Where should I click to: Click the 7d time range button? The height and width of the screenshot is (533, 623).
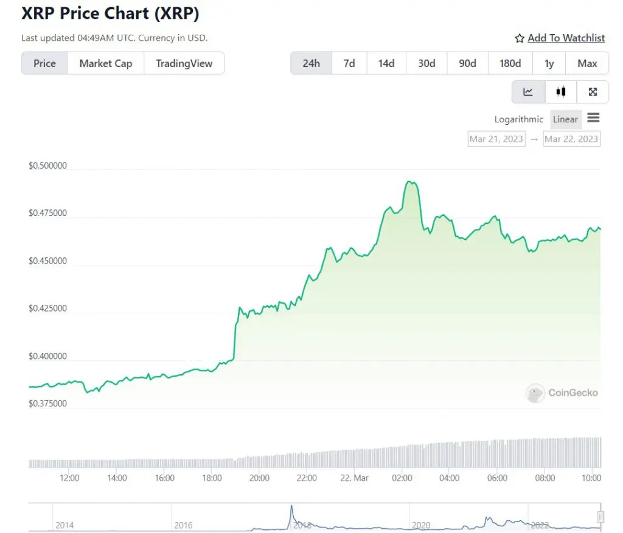349,63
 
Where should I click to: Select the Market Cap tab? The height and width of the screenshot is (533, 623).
105,63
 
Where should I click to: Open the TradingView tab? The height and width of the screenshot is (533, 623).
184,63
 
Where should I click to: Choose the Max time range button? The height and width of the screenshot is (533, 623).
587,63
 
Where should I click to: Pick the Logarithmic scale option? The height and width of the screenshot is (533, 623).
518,119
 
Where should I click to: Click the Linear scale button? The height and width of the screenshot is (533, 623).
565,119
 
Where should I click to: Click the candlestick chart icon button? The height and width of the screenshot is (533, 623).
560,92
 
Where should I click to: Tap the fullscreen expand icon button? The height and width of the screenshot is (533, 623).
593,92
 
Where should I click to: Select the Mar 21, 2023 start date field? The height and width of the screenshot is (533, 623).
496,139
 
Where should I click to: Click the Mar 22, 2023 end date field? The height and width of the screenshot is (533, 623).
571,139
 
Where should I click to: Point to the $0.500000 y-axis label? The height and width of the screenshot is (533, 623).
47,166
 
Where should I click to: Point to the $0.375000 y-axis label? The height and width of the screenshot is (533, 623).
47,403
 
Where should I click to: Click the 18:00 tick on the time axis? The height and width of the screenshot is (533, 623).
212,478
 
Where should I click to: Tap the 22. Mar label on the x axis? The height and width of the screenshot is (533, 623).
354,478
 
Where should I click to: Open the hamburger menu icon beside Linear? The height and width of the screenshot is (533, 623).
593,118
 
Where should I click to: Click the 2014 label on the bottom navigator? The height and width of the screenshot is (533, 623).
65,525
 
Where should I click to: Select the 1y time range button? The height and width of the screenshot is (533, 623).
549,63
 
